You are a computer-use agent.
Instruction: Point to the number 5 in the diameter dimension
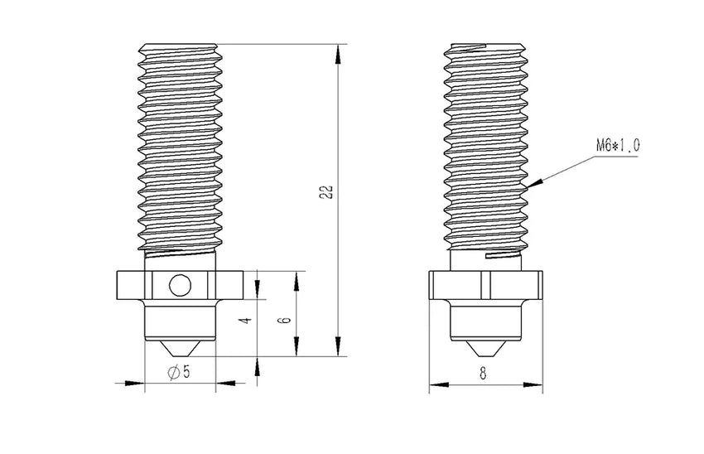pos(186,373)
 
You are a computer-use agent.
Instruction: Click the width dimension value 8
pos(484,373)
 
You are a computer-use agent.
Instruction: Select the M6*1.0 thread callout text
pos(617,146)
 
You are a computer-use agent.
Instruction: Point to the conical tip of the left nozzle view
pos(180,348)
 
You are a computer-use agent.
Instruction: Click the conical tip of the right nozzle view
pos(485,348)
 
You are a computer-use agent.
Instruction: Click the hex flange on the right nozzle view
pos(485,286)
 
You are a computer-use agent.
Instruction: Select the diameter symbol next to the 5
pos(172,373)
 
